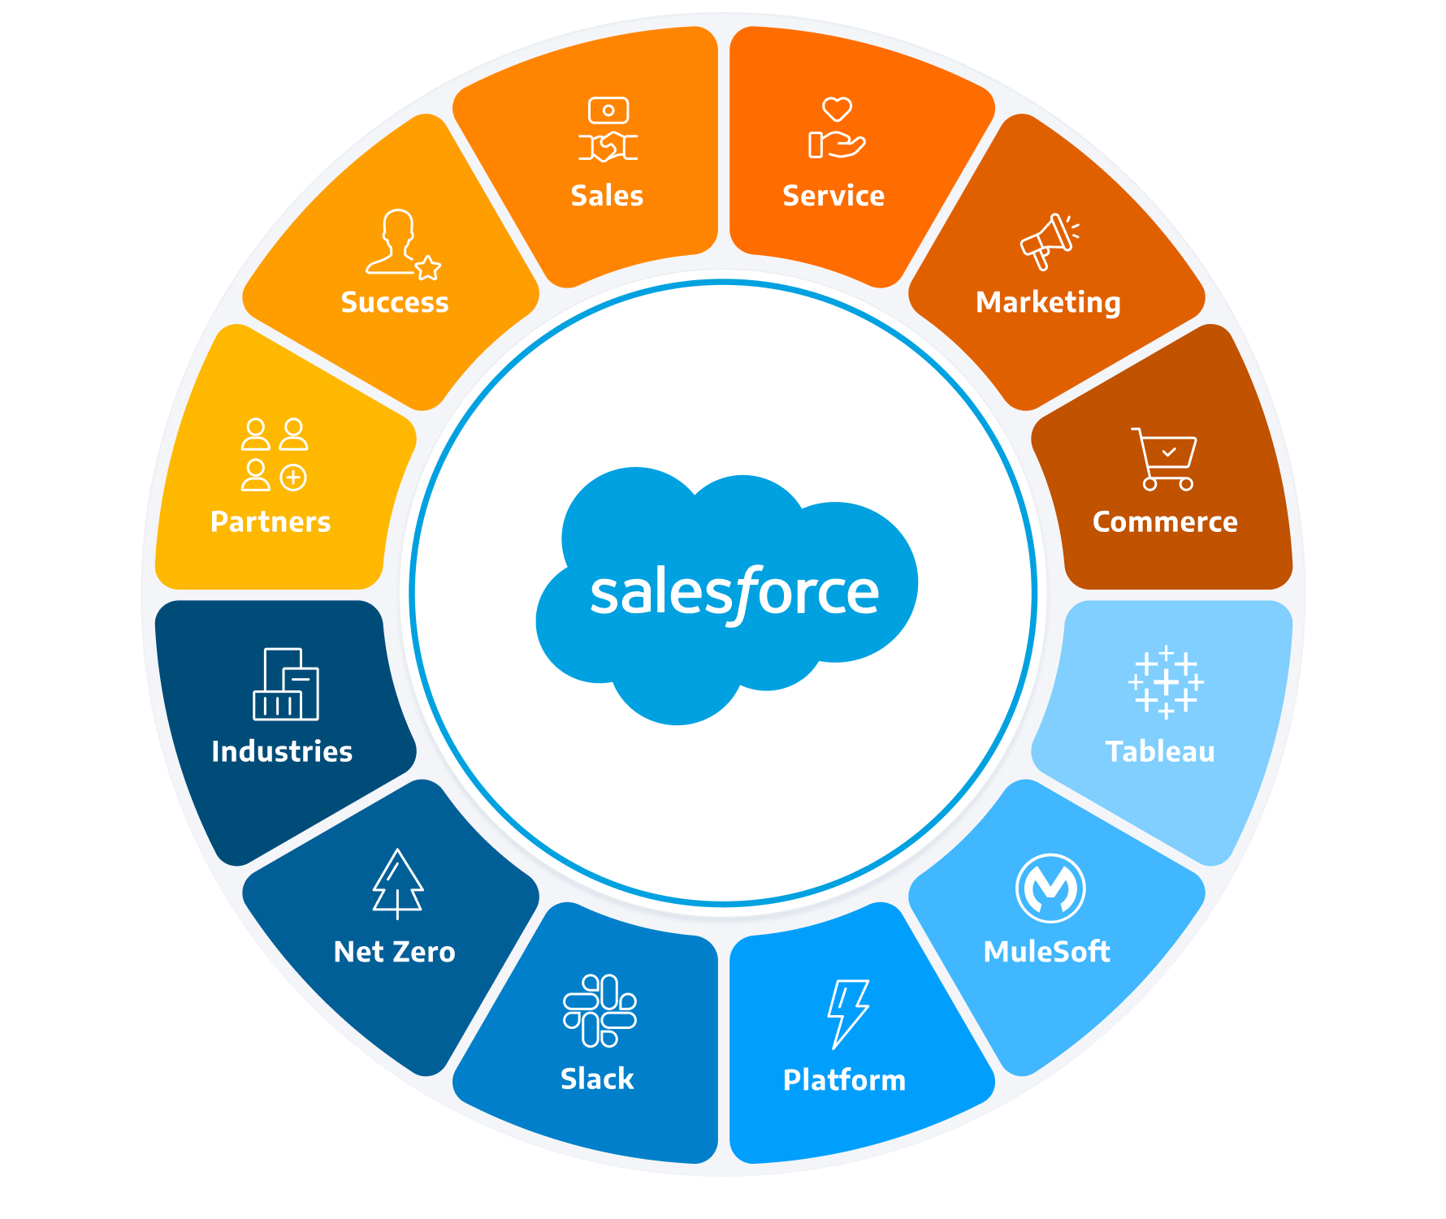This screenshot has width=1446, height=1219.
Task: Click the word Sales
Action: (607, 196)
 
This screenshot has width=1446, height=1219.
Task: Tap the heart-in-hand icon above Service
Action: (837, 128)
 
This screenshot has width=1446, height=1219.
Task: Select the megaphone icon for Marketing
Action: (1049, 241)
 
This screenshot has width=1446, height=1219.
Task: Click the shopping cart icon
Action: (1165, 459)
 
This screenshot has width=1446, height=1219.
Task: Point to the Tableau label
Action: (1160, 751)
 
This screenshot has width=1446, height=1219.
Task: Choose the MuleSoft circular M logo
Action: (1050, 888)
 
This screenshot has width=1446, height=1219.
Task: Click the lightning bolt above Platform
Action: (847, 1013)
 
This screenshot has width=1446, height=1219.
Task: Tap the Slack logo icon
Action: (600, 1010)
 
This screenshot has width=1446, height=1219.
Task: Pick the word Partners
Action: (271, 521)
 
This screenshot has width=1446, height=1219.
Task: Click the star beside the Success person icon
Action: (428, 267)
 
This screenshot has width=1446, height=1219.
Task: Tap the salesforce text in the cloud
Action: (734, 593)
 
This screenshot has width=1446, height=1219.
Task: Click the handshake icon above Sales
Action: (608, 146)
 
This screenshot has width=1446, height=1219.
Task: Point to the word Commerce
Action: (1165, 521)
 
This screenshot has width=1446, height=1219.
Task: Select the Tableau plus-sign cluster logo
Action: (1166, 683)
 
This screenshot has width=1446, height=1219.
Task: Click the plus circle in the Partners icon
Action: (293, 478)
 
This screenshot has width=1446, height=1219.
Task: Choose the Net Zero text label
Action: (395, 951)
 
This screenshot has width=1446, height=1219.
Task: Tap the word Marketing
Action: (1048, 302)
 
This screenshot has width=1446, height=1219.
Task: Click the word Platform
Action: (844, 1080)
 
